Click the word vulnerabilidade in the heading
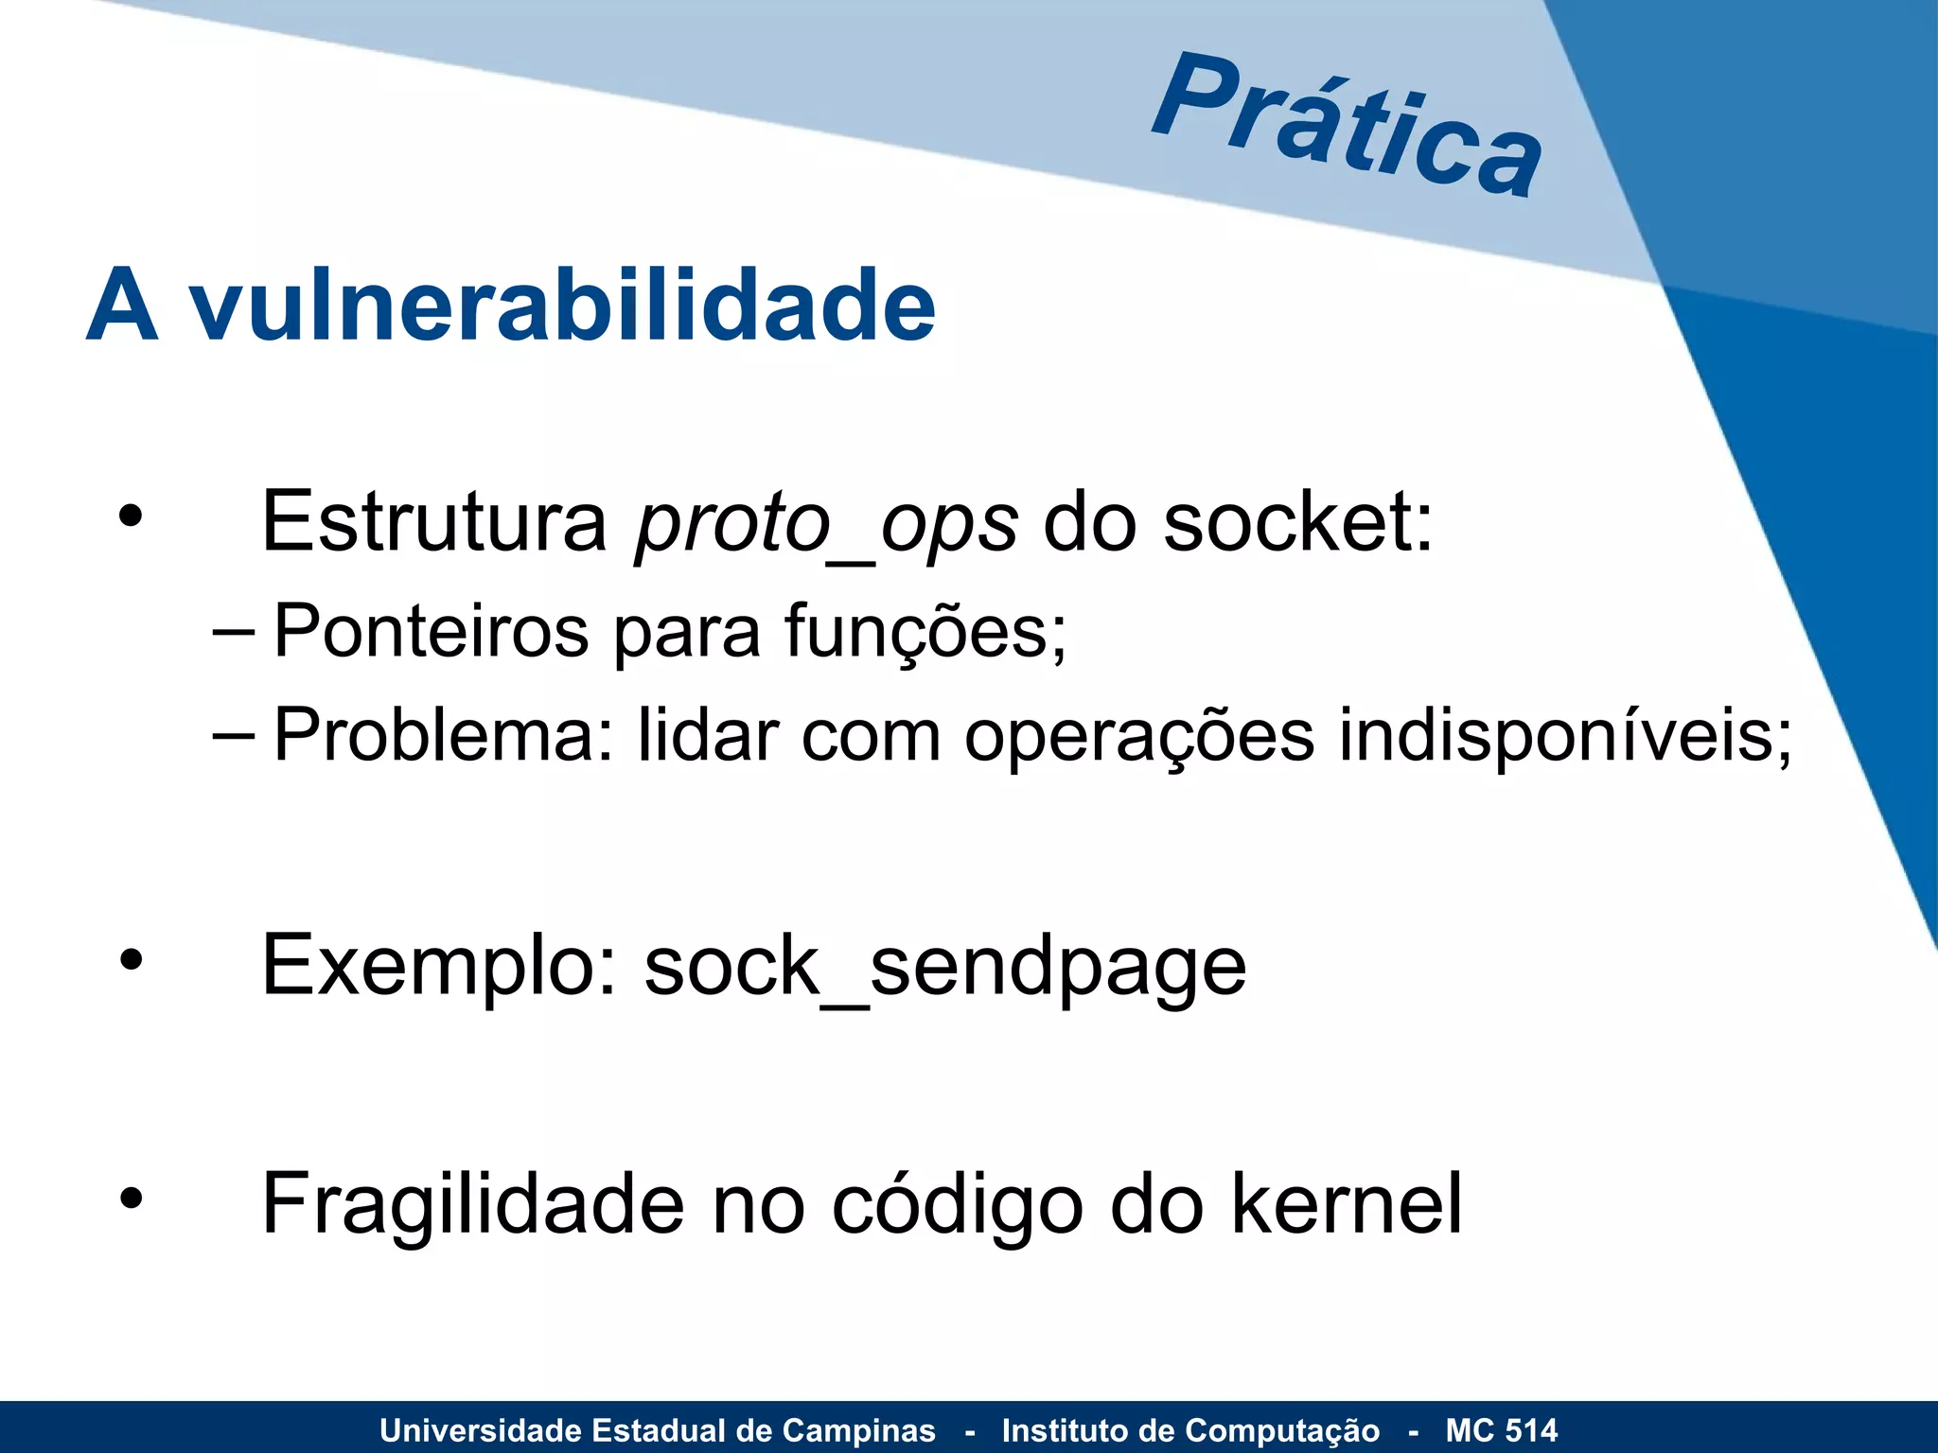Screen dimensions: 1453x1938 tap(563, 306)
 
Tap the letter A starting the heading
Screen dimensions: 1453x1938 tap(121, 306)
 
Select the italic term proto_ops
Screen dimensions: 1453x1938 tap(826, 523)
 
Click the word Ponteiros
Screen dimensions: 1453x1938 tap(431, 631)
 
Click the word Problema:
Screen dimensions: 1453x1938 tap(444, 735)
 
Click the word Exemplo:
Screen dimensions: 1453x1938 tap(439, 966)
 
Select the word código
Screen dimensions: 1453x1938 tap(957, 1204)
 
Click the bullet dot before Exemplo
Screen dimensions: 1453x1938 tap(131, 960)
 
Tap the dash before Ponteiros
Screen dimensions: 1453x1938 tap(233, 631)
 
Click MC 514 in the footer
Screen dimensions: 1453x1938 tap(1501, 1429)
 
